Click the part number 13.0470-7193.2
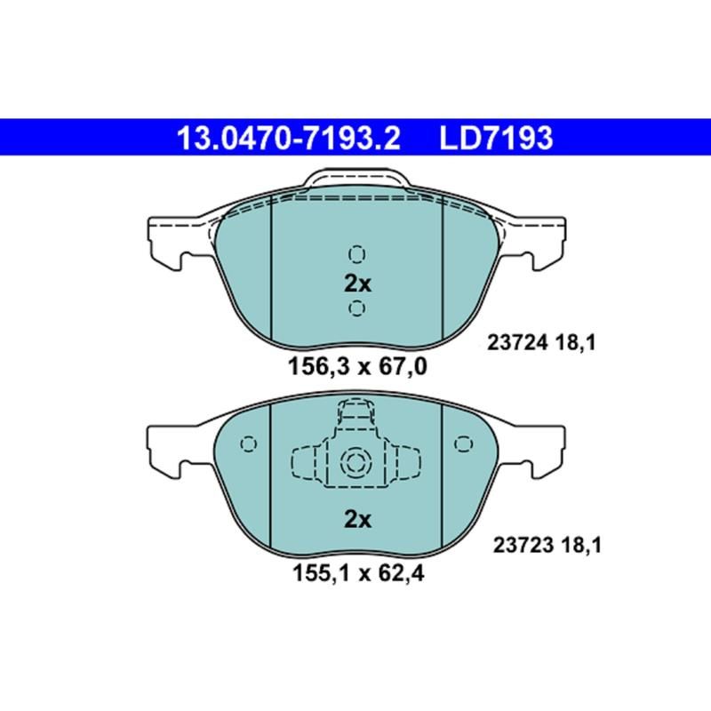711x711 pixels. [289, 139]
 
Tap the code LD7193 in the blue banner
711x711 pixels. [496, 139]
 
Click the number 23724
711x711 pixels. [516, 340]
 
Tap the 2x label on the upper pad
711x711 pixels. [357, 284]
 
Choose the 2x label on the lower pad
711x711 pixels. [357, 520]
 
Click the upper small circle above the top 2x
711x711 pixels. [357, 255]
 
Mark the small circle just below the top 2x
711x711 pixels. [357, 308]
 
